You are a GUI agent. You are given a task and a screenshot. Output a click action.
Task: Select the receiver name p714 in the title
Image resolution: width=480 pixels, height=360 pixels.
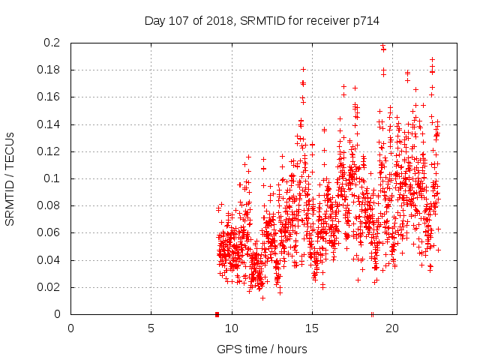pos(364,22)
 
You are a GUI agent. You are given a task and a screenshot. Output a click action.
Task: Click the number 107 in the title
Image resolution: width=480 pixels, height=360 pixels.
pos(179,22)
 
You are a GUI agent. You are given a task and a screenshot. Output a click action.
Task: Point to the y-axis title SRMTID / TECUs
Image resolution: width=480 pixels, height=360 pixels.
pos(10,178)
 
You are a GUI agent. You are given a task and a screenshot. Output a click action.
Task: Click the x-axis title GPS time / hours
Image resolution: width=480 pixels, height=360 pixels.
pos(262,349)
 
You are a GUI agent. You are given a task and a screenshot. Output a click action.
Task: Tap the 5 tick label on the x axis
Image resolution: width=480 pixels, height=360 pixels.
pos(151,328)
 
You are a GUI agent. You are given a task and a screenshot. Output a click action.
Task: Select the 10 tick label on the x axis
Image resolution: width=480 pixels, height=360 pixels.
pos(231,328)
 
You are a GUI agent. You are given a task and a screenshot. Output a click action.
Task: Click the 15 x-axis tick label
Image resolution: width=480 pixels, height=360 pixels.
pos(311,328)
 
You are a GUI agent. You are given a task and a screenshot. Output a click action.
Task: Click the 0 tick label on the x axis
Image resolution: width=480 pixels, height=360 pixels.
pos(70,328)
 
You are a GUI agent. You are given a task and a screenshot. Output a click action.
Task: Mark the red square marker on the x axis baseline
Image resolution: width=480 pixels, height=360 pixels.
pos(217,314)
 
